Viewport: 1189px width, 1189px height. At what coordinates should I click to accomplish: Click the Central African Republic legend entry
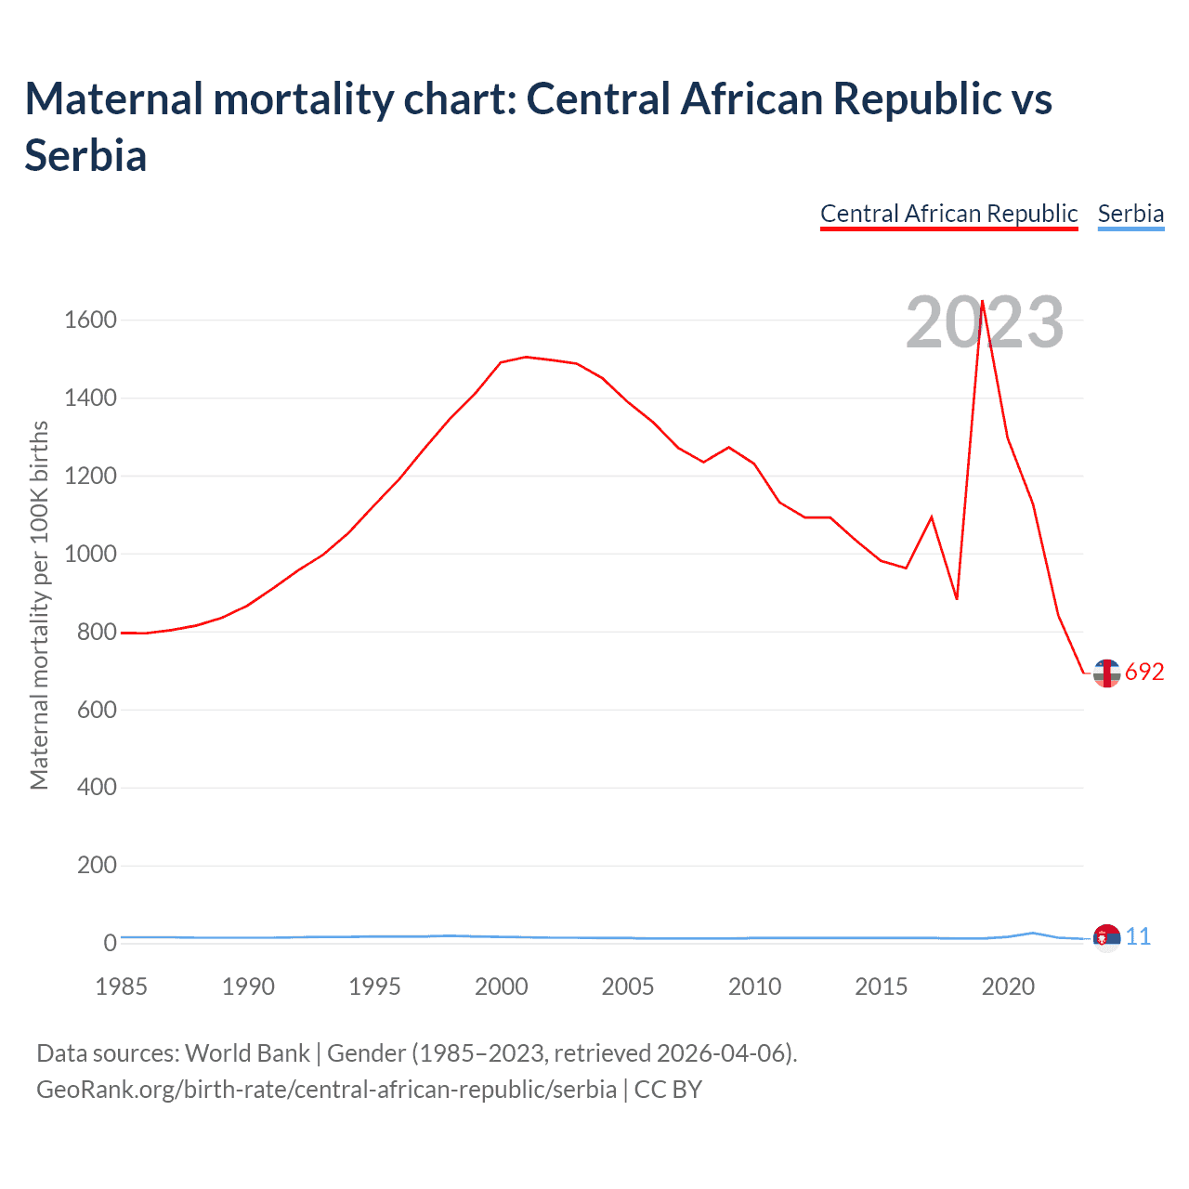pyautogui.click(x=948, y=214)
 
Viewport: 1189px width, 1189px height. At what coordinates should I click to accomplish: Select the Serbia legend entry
pyautogui.click(x=1130, y=214)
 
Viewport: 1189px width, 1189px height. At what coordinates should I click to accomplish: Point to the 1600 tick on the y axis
pyautogui.click(x=90, y=320)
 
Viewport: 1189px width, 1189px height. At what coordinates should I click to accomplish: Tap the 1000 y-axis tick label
pyautogui.click(x=90, y=555)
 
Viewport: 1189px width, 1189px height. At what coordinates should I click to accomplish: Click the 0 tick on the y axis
pyautogui.click(x=111, y=943)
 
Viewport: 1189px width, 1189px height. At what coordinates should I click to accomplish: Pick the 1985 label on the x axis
pyautogui.click(x=121, y=986)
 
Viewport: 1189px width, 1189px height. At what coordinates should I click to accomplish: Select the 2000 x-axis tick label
pyautogui.click(x=501, y=986)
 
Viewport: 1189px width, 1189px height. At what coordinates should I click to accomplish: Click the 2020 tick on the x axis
pyautogui.click(x=1008, y=986)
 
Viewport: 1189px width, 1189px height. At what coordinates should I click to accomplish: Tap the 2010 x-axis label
pyautogui.click(x=754, y=986)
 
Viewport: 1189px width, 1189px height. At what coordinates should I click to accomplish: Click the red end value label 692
pyautogui.click(x=1144, y=673)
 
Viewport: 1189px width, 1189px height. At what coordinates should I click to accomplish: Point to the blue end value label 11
pyautogui.click(x=1138, y=937)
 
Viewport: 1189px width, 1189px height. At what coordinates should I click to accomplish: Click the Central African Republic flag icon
pyautogui.click(x=1106, y=673)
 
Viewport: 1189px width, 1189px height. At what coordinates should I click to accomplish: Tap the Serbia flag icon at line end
pyautogui.click(x=1106, y=938)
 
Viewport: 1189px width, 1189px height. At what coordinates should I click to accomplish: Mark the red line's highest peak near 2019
pyautogui.click(x=982, y=301)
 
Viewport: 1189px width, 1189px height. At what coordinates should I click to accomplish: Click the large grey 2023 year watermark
pyautogui.click(x=985, y=323)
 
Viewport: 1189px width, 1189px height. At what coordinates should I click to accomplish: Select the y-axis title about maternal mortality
pyautogui.click(x=39, y=606)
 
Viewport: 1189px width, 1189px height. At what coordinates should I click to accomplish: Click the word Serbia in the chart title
pyautogui.click(x=85, y=155)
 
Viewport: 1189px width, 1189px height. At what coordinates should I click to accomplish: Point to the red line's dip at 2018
pyautogui.click(x=957, y=598)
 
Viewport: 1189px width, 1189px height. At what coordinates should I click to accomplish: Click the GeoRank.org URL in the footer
pyautogui.click(x=326, y=1089)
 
